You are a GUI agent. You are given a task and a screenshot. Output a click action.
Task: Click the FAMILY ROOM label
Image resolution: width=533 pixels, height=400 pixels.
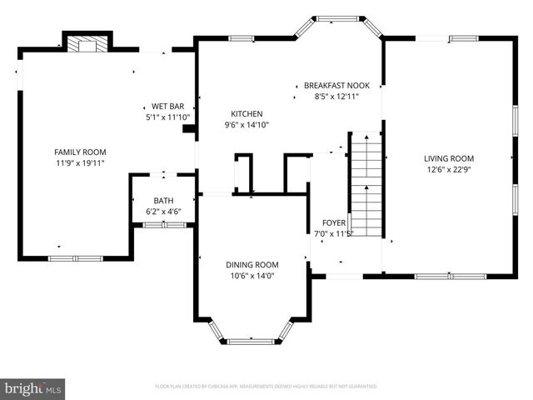[x=80, y=152]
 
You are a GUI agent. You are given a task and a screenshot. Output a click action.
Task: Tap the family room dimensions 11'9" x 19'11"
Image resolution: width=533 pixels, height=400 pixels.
[x=80, y=163]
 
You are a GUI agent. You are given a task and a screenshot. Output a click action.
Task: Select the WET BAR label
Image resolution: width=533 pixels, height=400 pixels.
[x=167, y=107]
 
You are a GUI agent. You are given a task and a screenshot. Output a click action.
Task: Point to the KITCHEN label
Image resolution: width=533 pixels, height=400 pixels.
[x=247, y=114]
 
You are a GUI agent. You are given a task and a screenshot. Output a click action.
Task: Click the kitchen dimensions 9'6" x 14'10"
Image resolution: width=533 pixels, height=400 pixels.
[x=247, y=126]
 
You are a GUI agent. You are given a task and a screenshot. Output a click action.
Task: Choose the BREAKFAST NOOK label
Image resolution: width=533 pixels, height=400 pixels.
[x=336, y=86]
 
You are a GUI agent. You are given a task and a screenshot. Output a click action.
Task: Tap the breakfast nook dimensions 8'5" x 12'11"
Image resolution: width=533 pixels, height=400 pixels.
[x=336, y=97]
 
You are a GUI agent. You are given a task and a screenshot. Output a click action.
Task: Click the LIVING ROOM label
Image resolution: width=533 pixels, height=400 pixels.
[x=448, y=158]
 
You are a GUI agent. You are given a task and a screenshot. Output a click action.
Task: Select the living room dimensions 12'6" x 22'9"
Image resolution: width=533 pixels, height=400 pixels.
[x=448, y=170]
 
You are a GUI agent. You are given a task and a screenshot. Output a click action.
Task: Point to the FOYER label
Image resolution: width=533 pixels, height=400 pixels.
[x=335, y=223]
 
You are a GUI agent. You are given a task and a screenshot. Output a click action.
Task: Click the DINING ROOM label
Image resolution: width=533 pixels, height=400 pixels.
[x=252, y=264]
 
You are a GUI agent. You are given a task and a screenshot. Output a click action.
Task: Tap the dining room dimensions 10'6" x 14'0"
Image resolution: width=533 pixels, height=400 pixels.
[x=252, y=276]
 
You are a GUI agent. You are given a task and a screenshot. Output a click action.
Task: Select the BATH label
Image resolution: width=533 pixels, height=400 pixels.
[x=163, y=201]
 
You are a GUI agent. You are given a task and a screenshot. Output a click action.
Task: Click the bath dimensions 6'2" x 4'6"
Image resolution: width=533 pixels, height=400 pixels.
[x=163, y=212]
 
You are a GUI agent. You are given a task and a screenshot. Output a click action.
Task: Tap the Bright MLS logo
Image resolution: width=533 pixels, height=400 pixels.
[x=33, y=388]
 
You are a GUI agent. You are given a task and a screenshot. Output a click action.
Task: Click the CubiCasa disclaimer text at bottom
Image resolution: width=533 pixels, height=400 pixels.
[x=266, y=387]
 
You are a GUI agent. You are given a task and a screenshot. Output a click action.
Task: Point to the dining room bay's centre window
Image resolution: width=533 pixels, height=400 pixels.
[x=252, y=341]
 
